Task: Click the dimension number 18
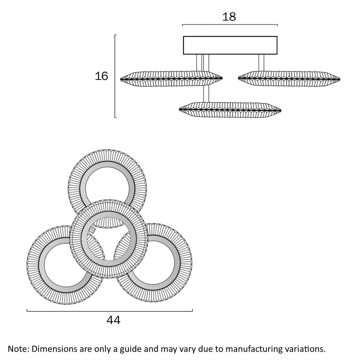click(229, 17)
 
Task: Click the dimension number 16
click(102, 76)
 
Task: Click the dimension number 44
click(113, 320)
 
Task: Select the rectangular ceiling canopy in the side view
click(230, 45)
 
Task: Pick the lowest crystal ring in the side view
click(230, 108)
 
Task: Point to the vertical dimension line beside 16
click(115, 76)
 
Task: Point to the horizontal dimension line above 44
click(110, 311)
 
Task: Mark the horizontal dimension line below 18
click(230, 25)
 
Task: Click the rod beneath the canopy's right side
click(261, 63)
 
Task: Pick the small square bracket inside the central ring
click(92, 229)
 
